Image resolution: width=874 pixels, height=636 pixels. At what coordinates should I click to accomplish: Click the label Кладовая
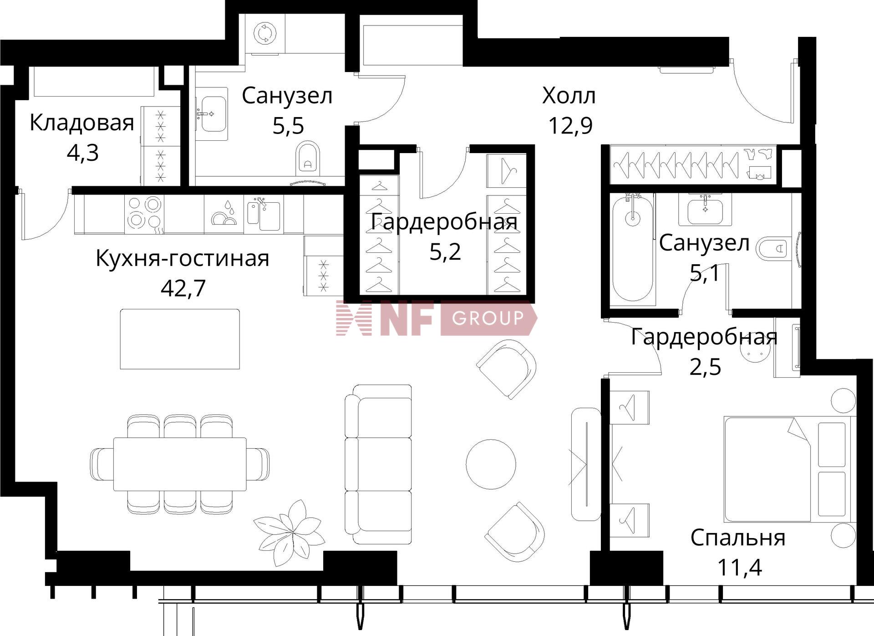pyautogui.click(x=82, y=123)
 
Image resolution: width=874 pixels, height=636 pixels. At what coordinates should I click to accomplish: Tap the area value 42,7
pyautogui.click(x=183, y=288)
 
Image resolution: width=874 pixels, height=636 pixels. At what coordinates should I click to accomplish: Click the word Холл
pyautogui.click(x=569, y=96)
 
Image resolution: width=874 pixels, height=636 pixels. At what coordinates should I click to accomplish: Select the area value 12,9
pyautogui.click(x=570, y=126)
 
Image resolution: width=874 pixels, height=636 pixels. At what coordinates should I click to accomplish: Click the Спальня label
pyautogui.click(x=737, y=538)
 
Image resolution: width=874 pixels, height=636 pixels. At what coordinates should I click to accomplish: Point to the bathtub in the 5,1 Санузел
pyautogui.click(x=633, y=248)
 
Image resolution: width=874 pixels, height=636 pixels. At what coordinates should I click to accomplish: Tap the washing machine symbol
pyautogui.click(x=265, y=33)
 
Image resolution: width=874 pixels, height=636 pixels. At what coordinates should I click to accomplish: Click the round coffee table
pyautogui.click(x=491, y=464)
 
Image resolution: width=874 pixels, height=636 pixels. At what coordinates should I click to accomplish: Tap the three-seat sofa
pyautogui.click(x=379, y=464)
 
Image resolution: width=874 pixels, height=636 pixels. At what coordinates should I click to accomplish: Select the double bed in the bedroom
pyautogui.click(x=788, y=469)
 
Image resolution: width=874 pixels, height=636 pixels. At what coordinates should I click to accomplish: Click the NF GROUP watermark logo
pyautogui.click(x=436, y=318)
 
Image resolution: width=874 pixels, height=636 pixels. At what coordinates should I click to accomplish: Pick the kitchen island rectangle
pyautogui.click(x=180, y=339)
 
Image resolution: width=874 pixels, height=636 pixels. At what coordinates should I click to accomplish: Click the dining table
pyautogui.click(x=180, y=464)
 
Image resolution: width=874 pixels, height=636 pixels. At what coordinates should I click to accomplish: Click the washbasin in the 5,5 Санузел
pyautogui.click(x=213, y=113)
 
